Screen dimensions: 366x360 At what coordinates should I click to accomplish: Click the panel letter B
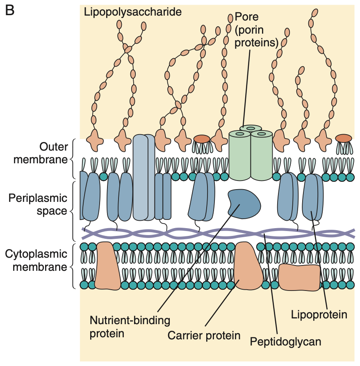[9, 10]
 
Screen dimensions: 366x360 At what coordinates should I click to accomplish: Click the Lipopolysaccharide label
[132, 12]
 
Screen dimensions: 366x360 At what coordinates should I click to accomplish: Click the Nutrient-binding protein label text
[130, 326]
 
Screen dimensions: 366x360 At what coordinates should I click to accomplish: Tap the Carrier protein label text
[204, 336]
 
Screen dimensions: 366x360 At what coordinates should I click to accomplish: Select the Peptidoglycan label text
[285, 341]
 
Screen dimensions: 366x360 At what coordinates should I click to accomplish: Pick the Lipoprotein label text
[319, 315]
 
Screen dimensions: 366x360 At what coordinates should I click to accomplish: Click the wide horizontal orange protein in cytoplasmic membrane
[299, 277]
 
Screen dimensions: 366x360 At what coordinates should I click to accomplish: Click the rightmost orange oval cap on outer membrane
[343, 138]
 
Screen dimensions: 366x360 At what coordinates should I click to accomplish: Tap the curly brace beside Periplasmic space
[75, 211]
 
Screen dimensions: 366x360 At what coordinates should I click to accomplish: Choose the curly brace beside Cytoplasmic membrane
[75, 266]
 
